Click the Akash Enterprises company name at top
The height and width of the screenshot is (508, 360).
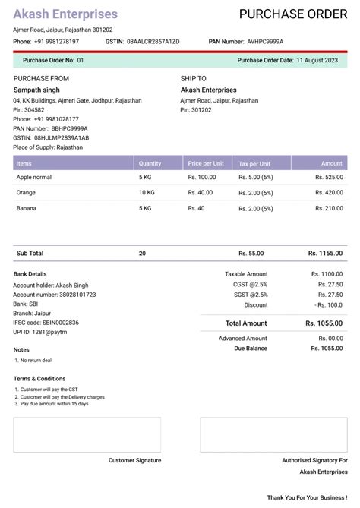click(65, 14)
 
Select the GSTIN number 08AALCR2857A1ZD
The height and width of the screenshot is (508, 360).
click(153, 41)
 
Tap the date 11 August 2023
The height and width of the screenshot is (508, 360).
click(317, 59)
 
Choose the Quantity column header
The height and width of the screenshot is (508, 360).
click(150, 163)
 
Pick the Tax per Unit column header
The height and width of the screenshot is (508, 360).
click(254, 163)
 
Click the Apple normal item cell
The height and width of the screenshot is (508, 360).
click(34, 177)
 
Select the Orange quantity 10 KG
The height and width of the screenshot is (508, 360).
click(147, 193)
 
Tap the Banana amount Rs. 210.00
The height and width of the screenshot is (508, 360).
click(328, 208)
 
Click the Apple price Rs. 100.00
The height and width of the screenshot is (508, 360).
click(202, 177)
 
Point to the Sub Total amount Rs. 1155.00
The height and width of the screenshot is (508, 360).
click(325, 253)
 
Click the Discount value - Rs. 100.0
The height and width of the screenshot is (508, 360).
click(328, 304)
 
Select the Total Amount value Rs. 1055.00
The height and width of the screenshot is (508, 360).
click(324, 323)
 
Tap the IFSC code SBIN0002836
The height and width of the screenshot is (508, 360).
click(55, 323)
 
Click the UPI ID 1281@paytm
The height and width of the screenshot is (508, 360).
click(49, 333)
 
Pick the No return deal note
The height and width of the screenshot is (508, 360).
click(36, 360)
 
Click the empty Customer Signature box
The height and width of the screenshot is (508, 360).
click(87, 434)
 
